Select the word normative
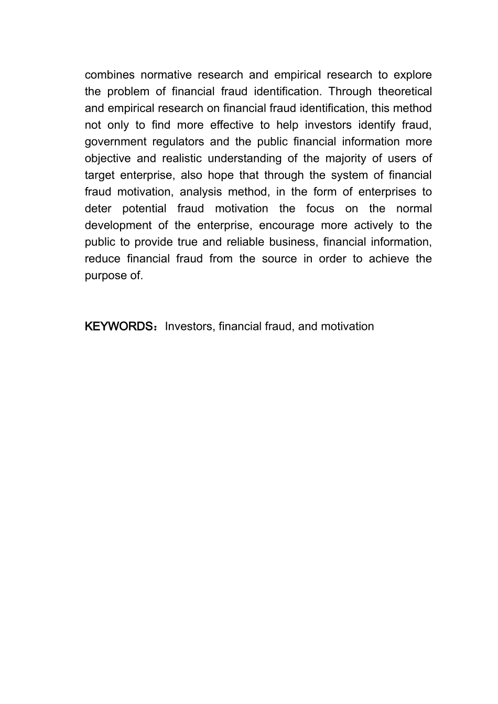(x=166, y=75)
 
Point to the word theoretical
(x=405, y=92)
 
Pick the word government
(x=116, y=142)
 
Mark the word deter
(x=98, y=209)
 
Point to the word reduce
(x=103, y=259)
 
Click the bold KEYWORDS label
(x=119, y=327)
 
